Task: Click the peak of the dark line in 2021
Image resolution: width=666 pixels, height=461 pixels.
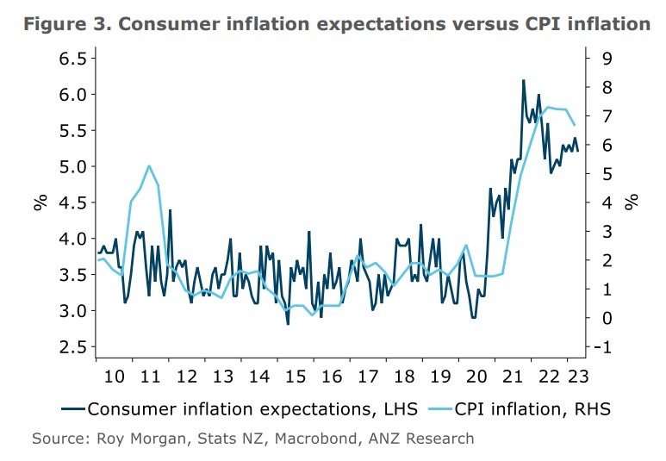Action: pyautogui.click(x=523, y=80)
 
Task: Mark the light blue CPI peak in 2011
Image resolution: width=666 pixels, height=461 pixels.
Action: pyautogui.click(x=149, y=165)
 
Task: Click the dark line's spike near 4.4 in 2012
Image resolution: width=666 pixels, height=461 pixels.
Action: pyautogui.click(x=170, y=209)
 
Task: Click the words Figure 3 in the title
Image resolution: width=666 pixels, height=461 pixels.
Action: pyautogui.click(x=65, y=23)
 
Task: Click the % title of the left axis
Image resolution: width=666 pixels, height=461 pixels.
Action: pyautogui.click(x=40, y=202)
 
